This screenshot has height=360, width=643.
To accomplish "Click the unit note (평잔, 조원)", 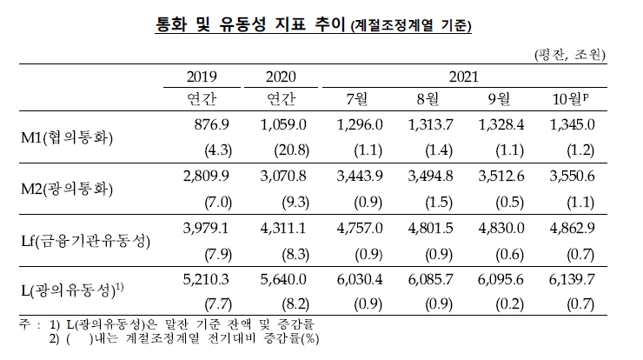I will pyautogui.click(x=567, y=55).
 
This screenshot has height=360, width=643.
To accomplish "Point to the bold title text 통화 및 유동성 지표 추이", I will pyautogui.click(x=249, y=25).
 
